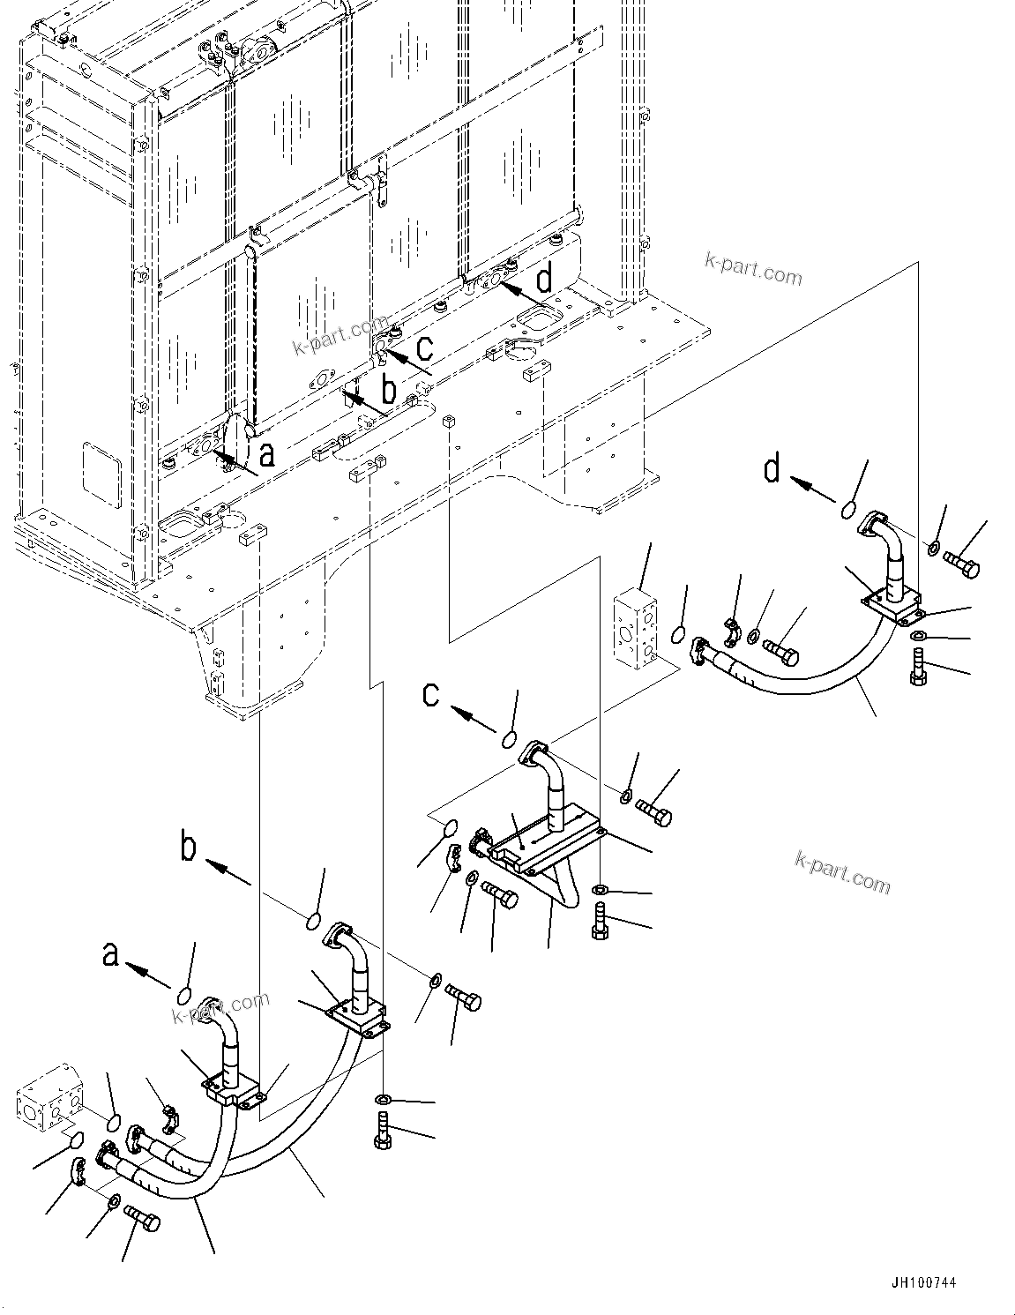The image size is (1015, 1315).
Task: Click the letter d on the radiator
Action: pos(545,279)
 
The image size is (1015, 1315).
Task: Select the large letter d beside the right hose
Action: pos(772,468)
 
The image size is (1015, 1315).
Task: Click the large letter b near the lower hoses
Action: pos(188,848)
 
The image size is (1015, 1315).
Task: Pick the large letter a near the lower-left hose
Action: pos(110,954)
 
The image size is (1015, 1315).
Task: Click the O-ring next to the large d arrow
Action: pos(847,510)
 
